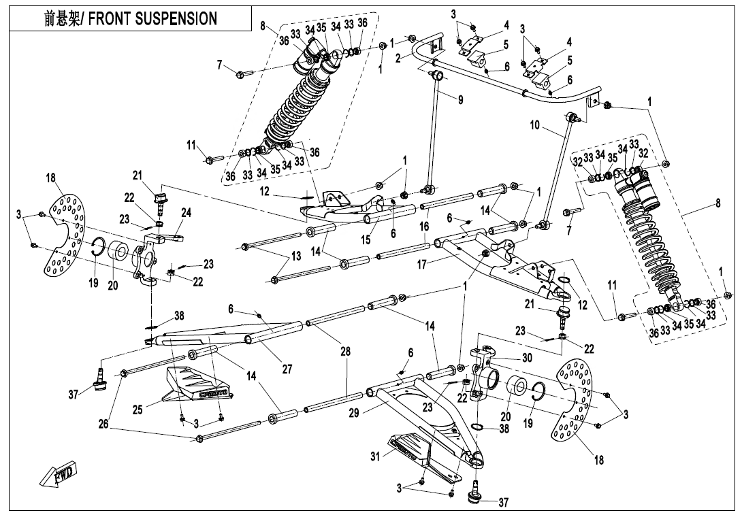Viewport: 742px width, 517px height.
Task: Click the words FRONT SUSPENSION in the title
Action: click(153, 18)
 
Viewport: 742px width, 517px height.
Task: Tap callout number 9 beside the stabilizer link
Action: click(461, 100)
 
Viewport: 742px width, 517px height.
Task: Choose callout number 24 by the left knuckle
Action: click(187, 212)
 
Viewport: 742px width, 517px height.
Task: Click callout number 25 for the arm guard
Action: click(138, 410)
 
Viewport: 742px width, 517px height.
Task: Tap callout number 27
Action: click(287, 369)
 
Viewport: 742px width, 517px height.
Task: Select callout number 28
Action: click(346, 352)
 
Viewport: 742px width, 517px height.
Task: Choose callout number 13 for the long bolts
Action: click(295, 256)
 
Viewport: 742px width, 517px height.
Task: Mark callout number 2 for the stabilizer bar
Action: click(398, 57)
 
